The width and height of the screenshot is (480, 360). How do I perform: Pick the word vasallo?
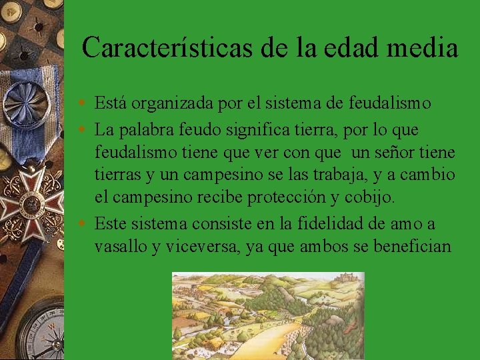121,247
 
